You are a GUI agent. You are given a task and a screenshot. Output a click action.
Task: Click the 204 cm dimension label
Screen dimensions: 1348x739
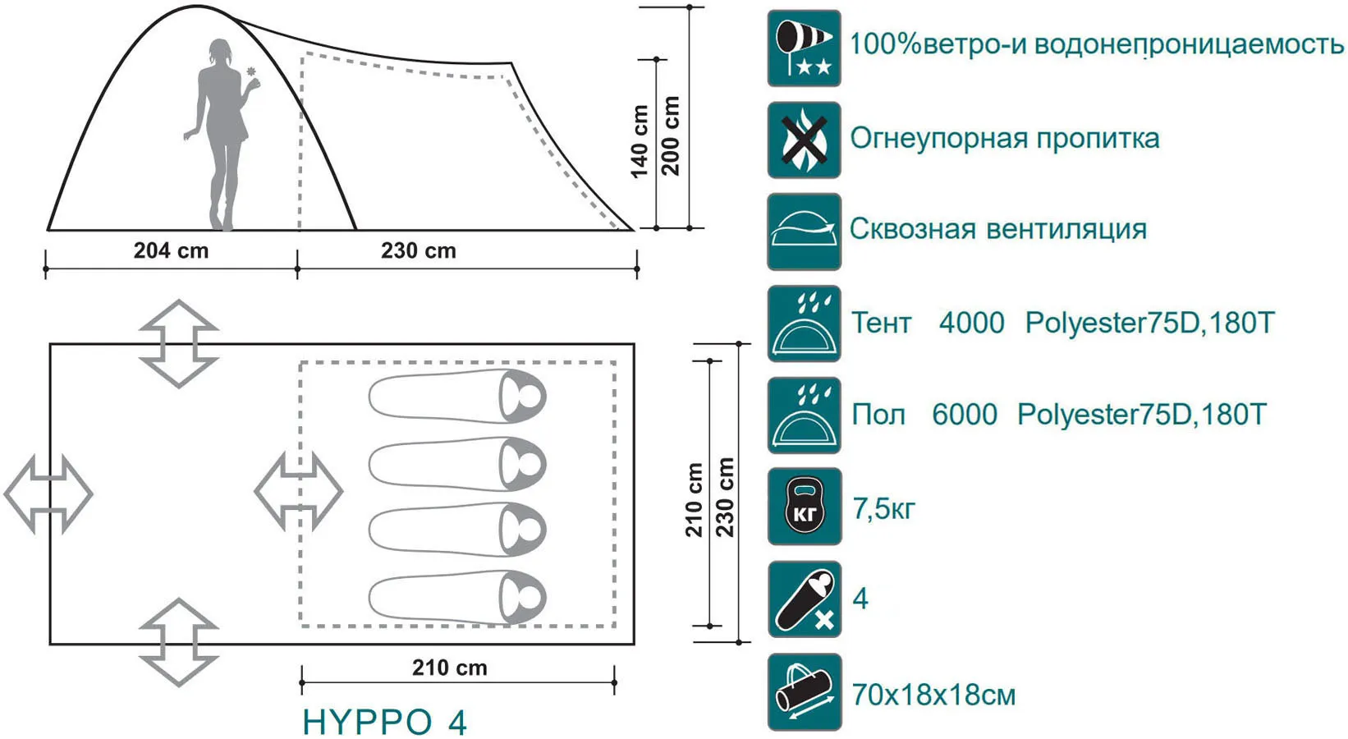pos(171,250)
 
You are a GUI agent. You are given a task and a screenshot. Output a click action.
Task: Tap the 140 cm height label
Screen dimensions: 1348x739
pos(640,142)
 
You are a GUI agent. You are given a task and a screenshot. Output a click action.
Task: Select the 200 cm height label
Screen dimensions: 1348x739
pos(671,136)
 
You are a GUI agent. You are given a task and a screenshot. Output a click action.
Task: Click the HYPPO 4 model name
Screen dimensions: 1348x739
pos(384,722)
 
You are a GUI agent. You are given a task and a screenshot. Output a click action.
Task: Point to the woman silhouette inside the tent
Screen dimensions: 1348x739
pos(222,135)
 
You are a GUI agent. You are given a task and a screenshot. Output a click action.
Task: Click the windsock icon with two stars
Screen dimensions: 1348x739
pos(804,48)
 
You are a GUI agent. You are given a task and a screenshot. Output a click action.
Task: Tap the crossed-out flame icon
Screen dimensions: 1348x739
pos(804,140)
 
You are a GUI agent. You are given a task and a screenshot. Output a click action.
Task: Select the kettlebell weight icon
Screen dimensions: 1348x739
pos(805,507)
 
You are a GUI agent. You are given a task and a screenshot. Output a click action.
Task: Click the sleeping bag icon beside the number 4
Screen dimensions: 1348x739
pos(805,599)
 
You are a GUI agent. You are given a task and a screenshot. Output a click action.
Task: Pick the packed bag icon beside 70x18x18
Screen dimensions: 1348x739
pos(805,692)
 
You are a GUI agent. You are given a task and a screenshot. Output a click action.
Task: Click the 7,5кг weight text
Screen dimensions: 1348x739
pos(883,509)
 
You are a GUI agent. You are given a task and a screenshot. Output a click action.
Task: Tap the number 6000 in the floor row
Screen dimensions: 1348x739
pos(965,415)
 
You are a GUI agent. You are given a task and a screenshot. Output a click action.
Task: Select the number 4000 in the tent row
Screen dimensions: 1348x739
pos(972,323)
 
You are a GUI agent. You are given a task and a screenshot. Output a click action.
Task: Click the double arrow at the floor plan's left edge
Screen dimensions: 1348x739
pos(48,494)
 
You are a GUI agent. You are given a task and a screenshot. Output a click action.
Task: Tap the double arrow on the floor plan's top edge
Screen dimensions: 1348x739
pos(179,343)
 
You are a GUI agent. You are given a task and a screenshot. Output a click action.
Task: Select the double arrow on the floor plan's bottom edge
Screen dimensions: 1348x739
pos(179,642)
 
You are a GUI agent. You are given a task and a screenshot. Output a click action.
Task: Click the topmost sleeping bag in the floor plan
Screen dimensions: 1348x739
pos(457,397)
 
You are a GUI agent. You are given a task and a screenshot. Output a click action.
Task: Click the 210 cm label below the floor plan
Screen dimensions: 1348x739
pos(450,668)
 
